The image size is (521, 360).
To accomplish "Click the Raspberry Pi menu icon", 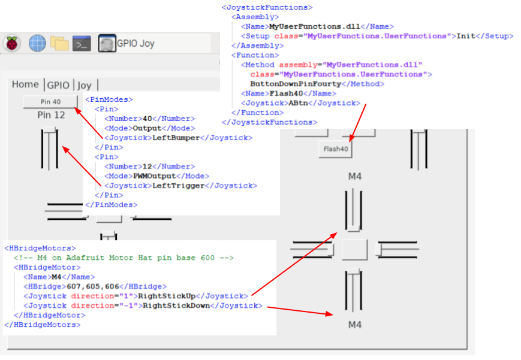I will tap(12, 43).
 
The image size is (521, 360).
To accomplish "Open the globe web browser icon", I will tap(37, 43).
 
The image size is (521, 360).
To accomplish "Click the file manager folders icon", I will tap(59, 43).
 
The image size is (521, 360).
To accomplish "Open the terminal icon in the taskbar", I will tap(81, 43).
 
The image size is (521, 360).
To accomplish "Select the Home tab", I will tap(25, 84).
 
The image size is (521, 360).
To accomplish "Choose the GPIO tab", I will tap(58, 85).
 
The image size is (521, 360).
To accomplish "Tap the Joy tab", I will tap(85, 85).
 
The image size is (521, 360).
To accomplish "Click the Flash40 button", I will tap(336, 149).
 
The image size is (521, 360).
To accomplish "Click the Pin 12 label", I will tap(51, 114).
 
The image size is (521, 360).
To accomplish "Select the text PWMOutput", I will tap(154, 176).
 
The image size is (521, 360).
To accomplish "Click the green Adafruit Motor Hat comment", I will tap(123, 258).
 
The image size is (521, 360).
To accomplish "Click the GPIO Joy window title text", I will tap(135, 44).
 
